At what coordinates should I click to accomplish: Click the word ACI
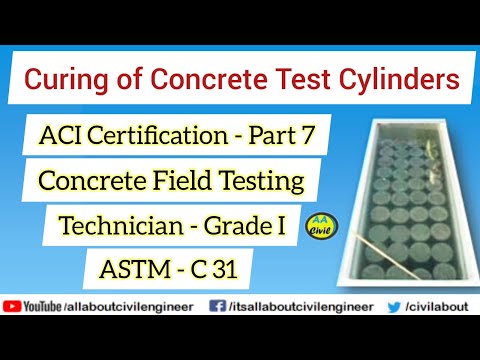click(x=67, y=133)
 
